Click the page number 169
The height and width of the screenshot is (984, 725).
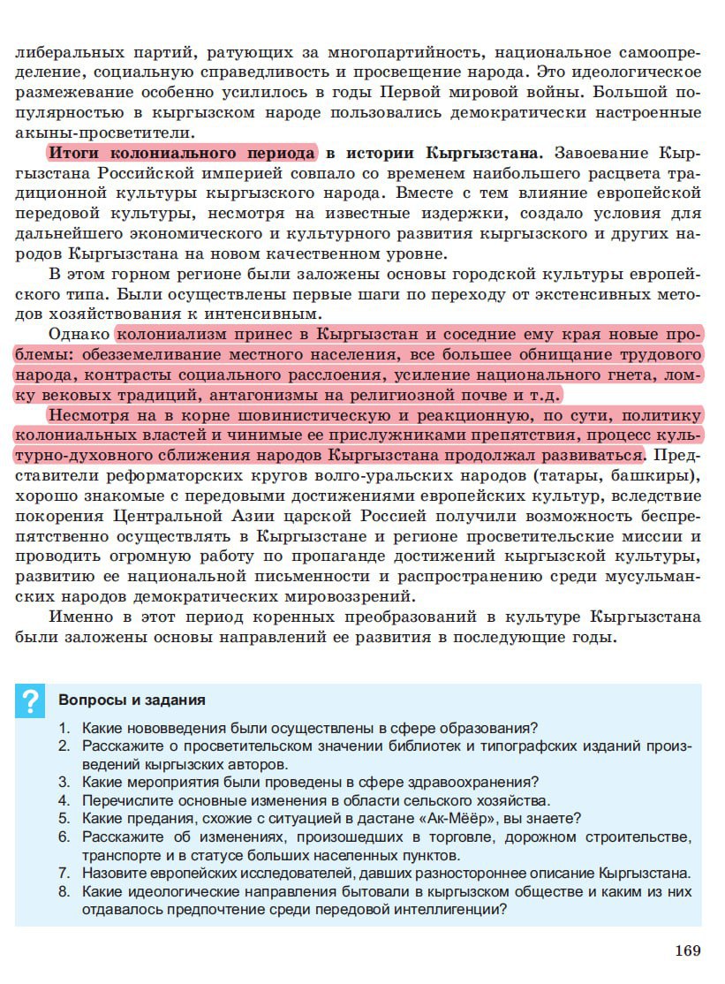(x=687, y=950)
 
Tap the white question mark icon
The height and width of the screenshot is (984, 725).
(x=31, y=701)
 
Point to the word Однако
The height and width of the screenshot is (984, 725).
(x=79, y=336)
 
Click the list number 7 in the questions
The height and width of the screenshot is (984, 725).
(x=64, y=873)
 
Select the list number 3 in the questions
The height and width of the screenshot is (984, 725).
(x=64, y=782)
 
